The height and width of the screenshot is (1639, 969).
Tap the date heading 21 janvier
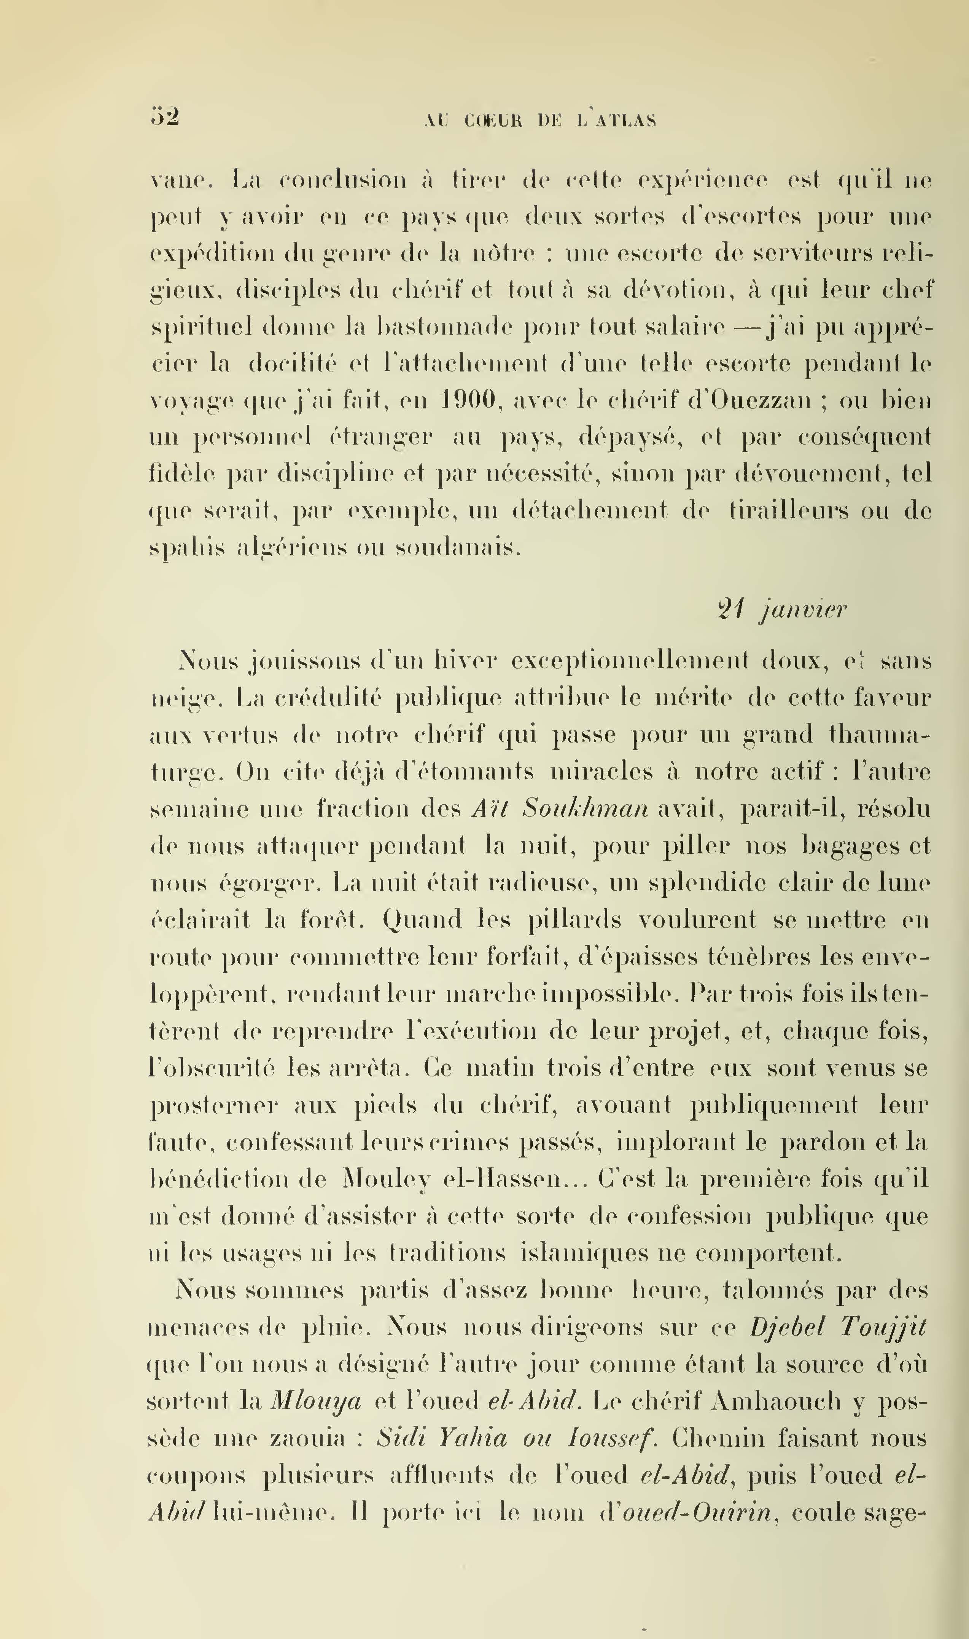pyautogui.click(x=781, y=609)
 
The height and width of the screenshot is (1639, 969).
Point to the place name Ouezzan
pyautogui.click(x=751, y=399)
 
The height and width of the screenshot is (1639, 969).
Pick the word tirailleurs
pyautogui.click(x=789, y=510)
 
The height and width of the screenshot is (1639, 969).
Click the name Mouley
pyautogui.click(x=387, y=1180)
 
